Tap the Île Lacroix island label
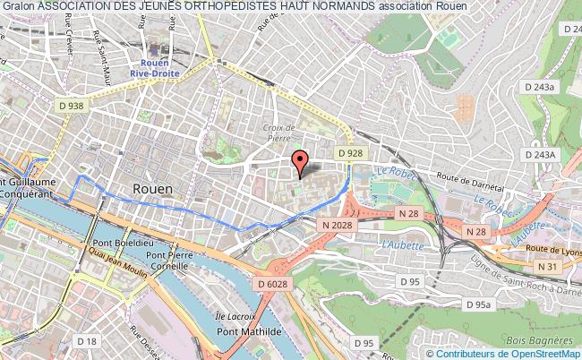click(x=235, y=317)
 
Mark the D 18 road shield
click(x=88, y=341)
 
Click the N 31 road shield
click(x=546, y=266)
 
